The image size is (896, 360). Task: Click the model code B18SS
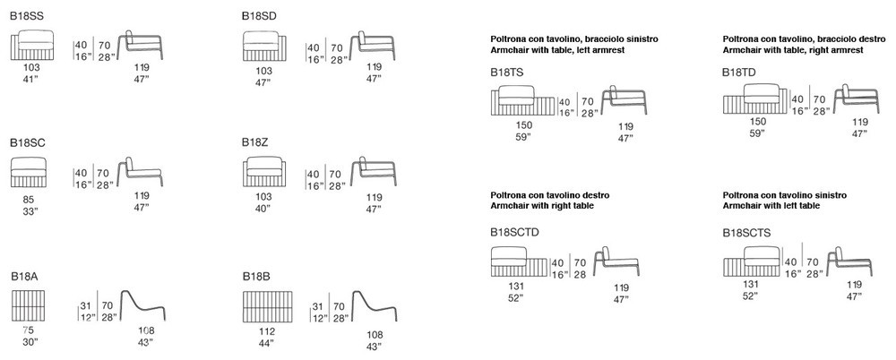point(26,17)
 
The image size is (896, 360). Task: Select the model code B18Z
point(254,143)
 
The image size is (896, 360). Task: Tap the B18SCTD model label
point(514,232)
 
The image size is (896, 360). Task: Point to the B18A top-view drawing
point(28,305)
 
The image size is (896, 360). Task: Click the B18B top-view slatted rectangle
point(267,307)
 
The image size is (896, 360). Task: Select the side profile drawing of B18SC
point(140,171)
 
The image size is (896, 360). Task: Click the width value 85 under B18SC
point(29,200)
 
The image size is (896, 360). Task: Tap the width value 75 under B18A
point(28,330)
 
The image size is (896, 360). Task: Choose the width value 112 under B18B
point(267,331)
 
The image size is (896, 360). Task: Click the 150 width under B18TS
point(524,125)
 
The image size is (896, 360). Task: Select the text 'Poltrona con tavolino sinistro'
point(785,195)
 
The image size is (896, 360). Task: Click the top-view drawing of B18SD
point(264,47)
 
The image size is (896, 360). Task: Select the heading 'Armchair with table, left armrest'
point(557,50)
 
